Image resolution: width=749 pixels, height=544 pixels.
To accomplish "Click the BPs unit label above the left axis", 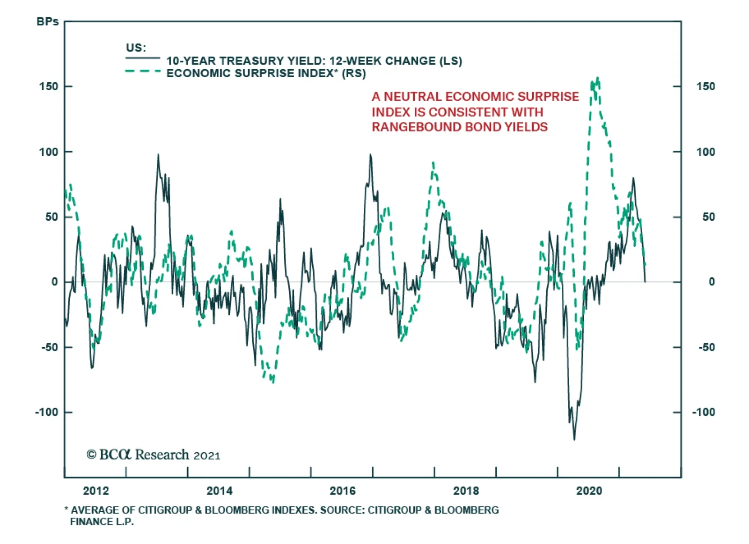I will [x=47, y=22].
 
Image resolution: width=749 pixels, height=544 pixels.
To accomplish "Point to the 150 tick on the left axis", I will [x=49, y=87].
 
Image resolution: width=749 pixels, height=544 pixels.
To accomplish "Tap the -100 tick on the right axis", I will [x=703, y=412].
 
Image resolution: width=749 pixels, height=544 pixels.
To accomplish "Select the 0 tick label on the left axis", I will [x=55, y=282].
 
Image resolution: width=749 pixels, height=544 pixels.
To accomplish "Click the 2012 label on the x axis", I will [x=95, y=491].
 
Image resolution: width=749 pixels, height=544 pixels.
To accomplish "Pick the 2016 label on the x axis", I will [x=342, y=491].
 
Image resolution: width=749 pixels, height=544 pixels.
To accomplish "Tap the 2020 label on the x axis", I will [x=589, y=491].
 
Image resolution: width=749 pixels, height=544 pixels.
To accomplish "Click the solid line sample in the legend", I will [x=142, y=58].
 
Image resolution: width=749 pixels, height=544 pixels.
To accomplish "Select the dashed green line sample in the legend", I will [x=142, y=71].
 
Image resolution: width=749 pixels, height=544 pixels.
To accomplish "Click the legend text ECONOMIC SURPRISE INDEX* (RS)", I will [x=266, y=73].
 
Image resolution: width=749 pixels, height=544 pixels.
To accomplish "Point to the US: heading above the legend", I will [x=136, y=48].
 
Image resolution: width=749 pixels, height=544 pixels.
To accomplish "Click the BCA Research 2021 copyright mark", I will [x=153, y=455].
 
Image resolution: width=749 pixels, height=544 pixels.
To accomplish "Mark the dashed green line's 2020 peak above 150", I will [x=597, y=79].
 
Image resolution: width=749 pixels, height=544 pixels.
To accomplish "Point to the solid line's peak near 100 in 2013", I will [x=158, y=155].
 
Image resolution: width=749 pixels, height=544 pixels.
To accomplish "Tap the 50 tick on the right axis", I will [x=708, y=217].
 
